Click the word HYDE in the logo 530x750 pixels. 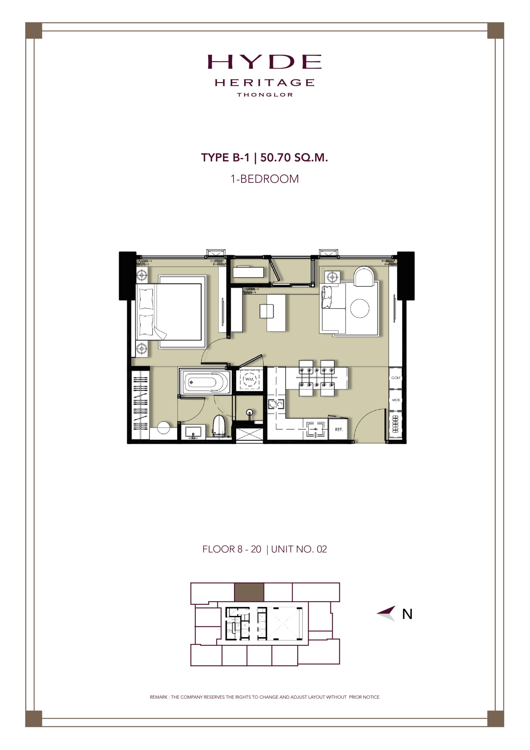pos(264,62)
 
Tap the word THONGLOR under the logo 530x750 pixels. pos(265,95)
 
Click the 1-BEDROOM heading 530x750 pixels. pos(265,179)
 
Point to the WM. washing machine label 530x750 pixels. pos(249,379)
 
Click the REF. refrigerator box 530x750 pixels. pos(338,429)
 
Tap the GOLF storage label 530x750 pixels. pos(396,378)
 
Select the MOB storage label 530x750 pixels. pos(396,400)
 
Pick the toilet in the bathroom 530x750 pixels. pos(219,426)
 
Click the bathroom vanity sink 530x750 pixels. pos(193,432)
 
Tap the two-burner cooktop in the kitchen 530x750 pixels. pos(276,404)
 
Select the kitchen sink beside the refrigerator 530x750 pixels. pos(315,429)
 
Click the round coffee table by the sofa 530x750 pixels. pos(360,308)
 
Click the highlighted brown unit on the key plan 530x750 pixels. pos(249,592)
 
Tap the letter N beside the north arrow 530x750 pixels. pos(407,614)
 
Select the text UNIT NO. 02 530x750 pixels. pos(299,549)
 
